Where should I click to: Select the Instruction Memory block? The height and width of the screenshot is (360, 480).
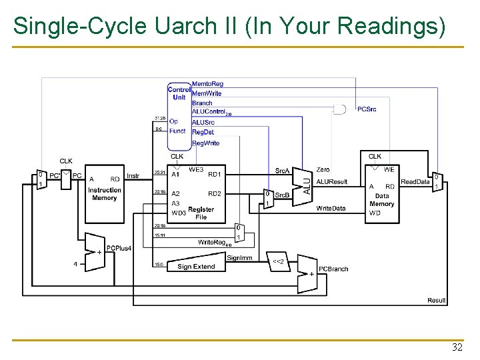(x=105, y=194)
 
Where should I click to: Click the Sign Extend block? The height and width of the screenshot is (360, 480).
(x=196, y=265)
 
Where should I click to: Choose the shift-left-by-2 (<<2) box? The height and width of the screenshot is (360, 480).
(x=279, y=261)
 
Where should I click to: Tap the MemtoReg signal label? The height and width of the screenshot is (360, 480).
(x=207, y=84)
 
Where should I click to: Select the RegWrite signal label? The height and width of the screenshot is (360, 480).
(x=205, y=143)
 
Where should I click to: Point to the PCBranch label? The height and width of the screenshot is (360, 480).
(x=333, y=269)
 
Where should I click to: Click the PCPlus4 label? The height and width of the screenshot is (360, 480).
(x=119, y=248)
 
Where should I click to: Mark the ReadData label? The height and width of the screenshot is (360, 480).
(x=415, y=182)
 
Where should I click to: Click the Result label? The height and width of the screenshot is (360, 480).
(x=437, y=300)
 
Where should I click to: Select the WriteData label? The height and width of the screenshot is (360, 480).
(x=331, y=208)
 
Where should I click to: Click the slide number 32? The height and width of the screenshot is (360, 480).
(x=457, y=347)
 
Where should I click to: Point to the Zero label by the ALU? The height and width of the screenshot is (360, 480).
(x=323, y=170)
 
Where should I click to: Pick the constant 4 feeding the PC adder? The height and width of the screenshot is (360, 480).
(x=76, y=263)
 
